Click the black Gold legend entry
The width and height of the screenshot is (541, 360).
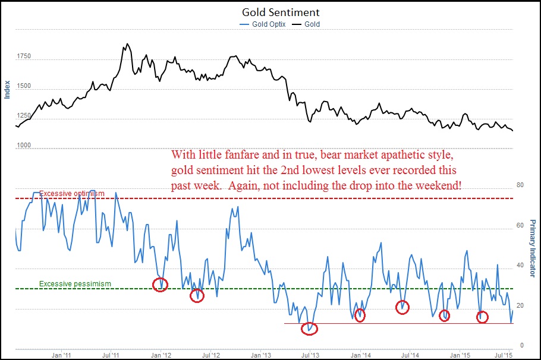(312, 24)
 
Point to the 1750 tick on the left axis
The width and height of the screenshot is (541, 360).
(24, 56)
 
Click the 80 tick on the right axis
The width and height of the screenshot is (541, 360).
(521, 185)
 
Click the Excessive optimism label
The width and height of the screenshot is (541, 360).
(72, 194)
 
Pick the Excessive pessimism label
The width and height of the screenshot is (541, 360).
(75, 284)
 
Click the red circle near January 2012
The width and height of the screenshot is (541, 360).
(160, 285)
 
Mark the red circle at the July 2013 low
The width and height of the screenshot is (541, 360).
(310, 328)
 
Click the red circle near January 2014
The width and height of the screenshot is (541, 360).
(360, 315)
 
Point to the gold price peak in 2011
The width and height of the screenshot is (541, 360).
(125, 44)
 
